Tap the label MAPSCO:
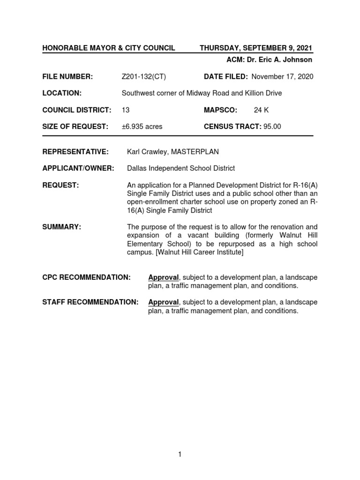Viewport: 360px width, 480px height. tap(220, 110)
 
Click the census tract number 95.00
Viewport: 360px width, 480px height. tap(272, 127)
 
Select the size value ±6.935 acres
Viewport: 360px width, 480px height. tap(142, 127)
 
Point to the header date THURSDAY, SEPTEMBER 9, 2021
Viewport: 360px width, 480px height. tap(256, 48)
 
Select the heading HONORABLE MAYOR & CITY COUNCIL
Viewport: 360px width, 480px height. tap(109, 48)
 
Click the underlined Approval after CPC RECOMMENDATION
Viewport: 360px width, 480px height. tap(164, 277)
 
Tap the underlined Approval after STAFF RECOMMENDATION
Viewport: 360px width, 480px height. tap(164, 302)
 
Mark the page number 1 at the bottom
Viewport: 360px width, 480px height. tap(180, 454)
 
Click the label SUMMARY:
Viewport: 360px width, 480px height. tap(62, 227)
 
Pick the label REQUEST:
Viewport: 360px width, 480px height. tap(61, 185)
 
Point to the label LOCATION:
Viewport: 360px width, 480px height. tap(62, 93)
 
